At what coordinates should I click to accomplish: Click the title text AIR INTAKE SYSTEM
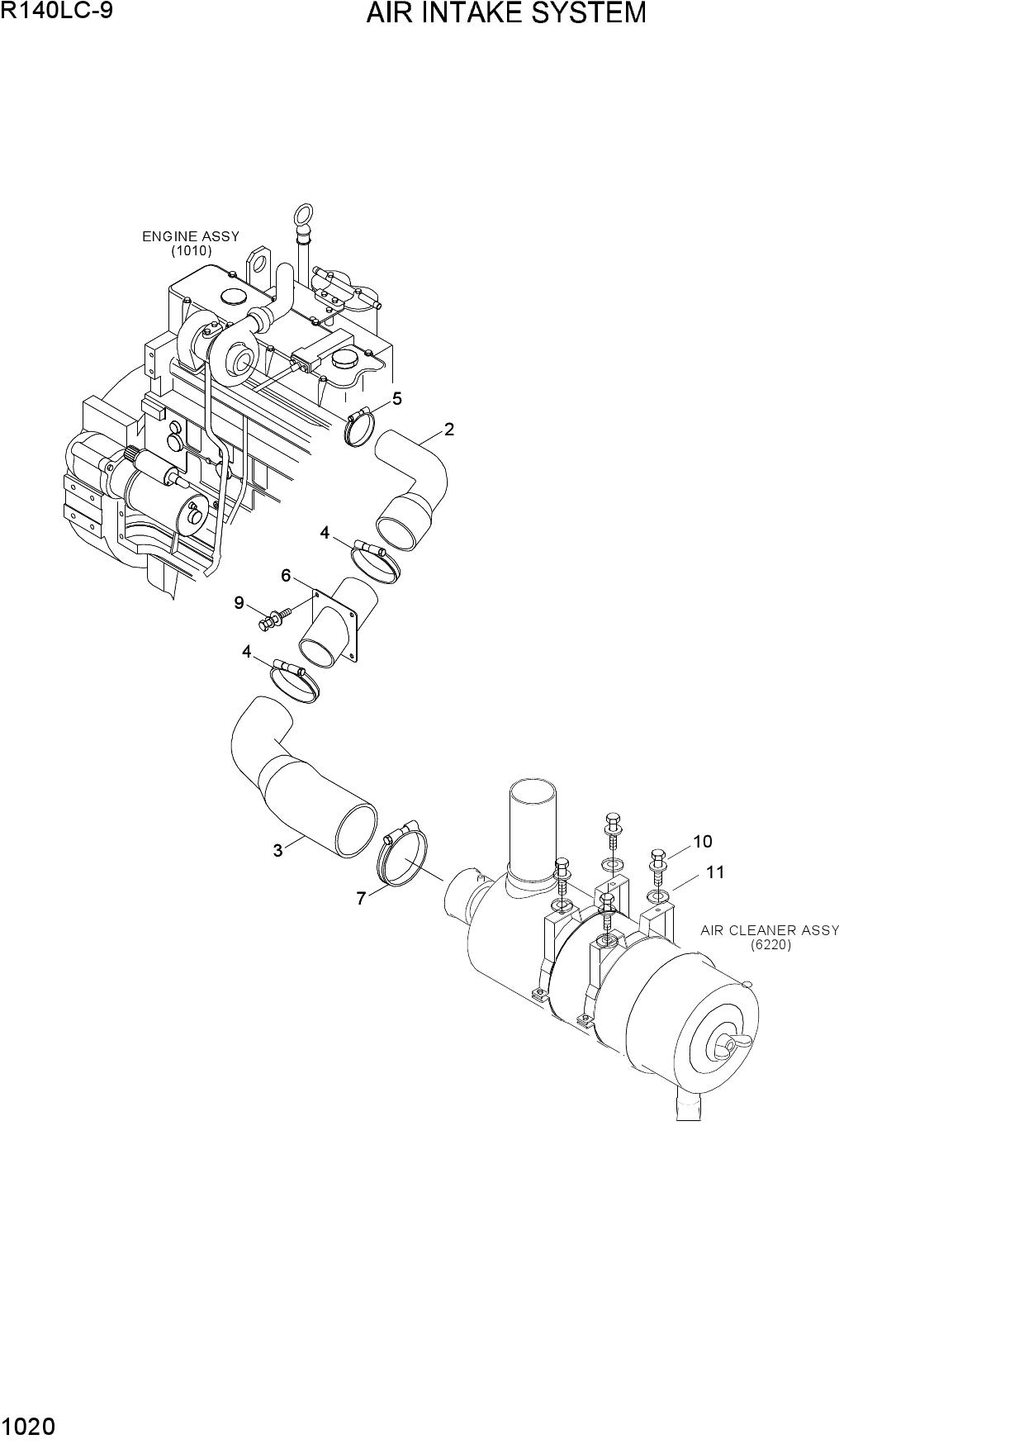point(506,13)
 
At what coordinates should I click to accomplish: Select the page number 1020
point(29,1427)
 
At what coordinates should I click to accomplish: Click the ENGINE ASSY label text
point(191,236)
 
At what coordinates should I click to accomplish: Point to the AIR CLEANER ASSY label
point(770,930)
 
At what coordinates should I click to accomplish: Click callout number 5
point(397,399)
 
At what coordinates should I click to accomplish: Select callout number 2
point(448,429)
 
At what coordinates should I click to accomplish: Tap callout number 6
point(286,575)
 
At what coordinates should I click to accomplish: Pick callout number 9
point(239,603)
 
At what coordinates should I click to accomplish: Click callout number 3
point(277,850)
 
